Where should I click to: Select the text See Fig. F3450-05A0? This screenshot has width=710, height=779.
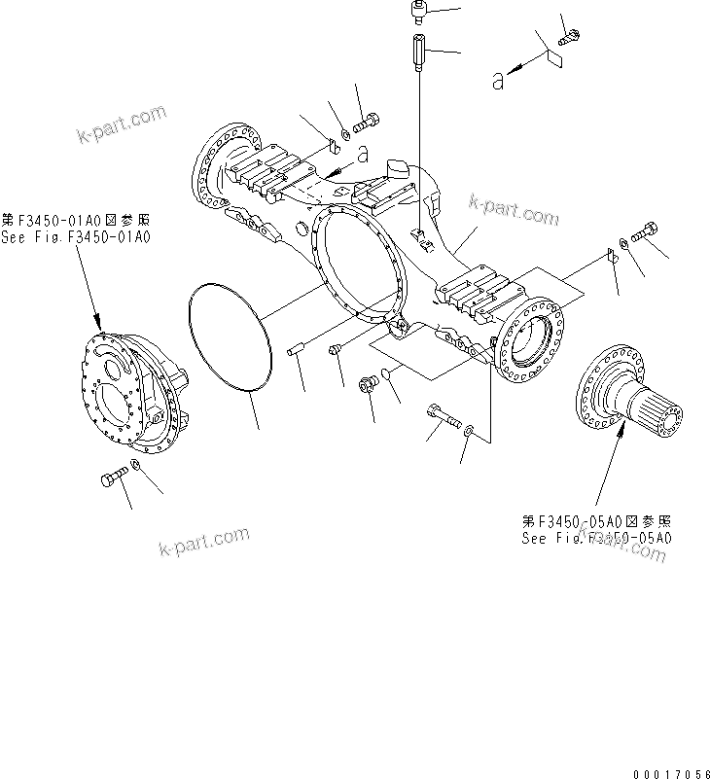pos(596,538)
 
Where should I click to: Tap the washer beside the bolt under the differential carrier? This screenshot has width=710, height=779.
pos(135,471)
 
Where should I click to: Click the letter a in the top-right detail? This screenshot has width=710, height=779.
pos(498,82)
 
